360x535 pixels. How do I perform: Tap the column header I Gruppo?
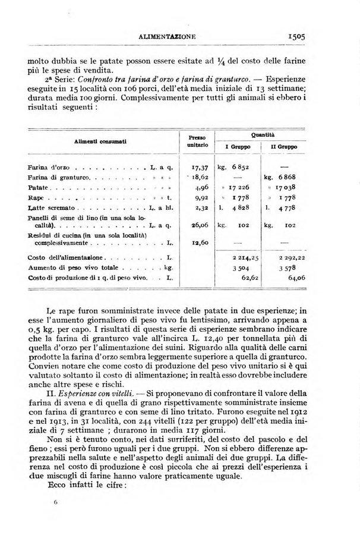pos(237,146)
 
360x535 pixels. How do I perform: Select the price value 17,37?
pos(193,169)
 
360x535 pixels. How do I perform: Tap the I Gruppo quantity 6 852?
pos(237,169)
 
